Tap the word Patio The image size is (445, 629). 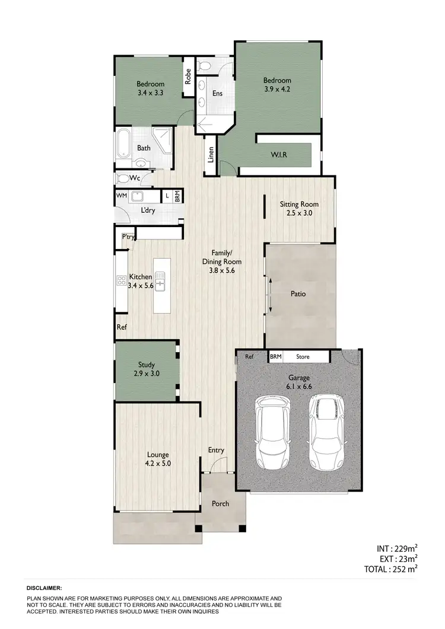pos(298,293)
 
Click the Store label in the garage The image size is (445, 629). pos(303,357)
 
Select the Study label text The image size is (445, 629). pos(147,365)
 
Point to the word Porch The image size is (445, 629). pos(221,504)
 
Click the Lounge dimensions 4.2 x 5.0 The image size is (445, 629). pos(158,464)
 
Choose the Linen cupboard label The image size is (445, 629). pos(211,155)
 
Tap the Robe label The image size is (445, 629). pos(188,76)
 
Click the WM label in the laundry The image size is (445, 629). pos(121,195)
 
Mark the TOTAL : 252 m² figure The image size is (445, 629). pos(391,569)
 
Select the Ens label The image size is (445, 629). pos(218,92)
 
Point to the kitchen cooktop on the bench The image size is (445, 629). pos(120,282)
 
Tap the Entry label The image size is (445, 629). pos(216,451)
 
